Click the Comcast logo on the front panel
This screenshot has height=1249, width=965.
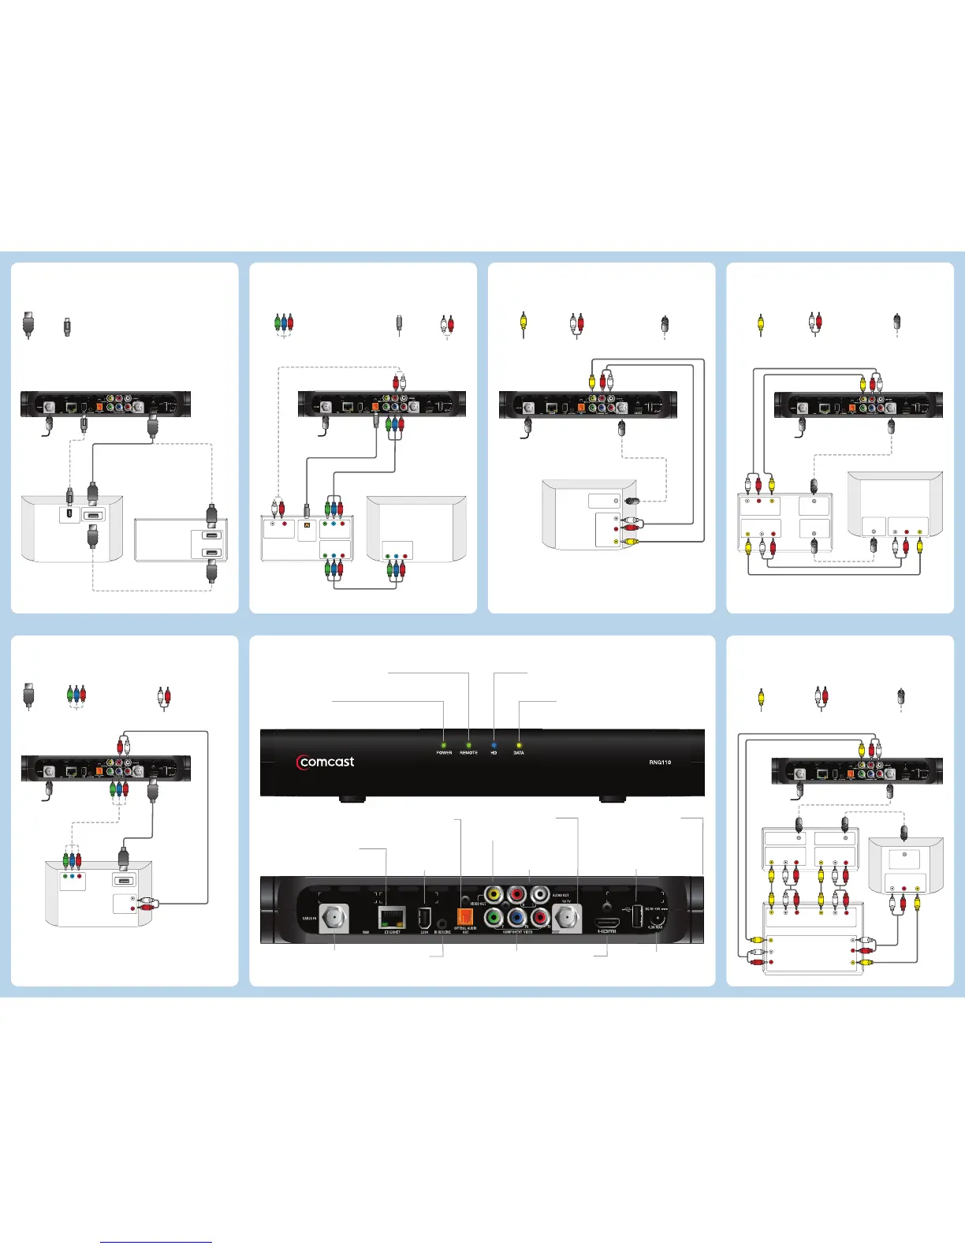[x=326, y=762]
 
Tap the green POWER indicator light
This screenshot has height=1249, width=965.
[x=444, y=744]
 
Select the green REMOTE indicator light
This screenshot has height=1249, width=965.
[x=469, y=744]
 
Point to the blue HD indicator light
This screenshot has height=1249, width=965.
[x=494, y=744]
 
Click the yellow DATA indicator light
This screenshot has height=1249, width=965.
[x=519, y=744]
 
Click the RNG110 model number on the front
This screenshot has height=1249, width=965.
[x=660, y=762]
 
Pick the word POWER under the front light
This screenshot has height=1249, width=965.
[x=444, y=753]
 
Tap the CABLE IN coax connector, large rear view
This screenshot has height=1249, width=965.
[x=334, y=919]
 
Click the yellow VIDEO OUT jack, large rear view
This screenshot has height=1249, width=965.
[x=494, y=894]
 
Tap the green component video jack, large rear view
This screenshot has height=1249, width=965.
[x=494, y=918]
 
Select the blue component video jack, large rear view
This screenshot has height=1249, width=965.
[x=517, y=918]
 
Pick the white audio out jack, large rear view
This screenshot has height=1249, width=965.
[x=540, y=894]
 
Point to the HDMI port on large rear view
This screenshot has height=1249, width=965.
[x=606, y=923]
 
